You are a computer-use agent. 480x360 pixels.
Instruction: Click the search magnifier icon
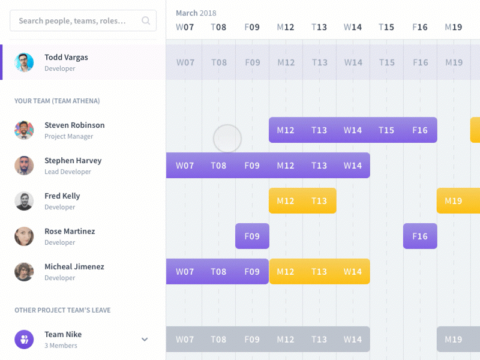click(x=146, y=20)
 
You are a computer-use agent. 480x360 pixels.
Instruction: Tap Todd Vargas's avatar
click(x=24, y=62)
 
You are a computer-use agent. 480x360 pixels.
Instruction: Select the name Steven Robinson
click(x=74, y=125)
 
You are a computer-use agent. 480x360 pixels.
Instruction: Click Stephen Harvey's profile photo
click(x=24, y=166)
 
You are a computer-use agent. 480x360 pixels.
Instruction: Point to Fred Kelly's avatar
click(x=24, y=201)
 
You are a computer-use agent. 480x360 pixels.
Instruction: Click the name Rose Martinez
click(x=70, y=232)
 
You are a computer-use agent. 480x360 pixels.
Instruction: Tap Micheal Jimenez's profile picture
click(x=24, y=272)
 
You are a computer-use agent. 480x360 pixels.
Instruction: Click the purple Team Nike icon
click(x=24, y=340)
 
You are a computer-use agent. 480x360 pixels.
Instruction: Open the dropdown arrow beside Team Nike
click(x=145, y=340)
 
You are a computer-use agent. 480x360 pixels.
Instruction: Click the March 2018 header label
click(x=196, y=13)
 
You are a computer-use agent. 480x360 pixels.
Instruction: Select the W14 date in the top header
click(x=353, y=27)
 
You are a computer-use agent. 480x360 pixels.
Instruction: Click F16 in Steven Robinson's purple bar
click(x=420, y=130)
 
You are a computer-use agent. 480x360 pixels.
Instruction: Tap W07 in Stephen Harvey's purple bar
click(x=185, y=166)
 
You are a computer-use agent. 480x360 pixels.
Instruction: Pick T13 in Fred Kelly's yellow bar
click(x=319, y=201)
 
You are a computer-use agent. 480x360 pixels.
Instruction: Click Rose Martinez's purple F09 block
click(x=252, y=236)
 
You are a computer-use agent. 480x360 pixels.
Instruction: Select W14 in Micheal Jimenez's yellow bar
click(x=353, y=272)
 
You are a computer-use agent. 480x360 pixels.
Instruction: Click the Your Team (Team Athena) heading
click(x=57, y=101)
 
